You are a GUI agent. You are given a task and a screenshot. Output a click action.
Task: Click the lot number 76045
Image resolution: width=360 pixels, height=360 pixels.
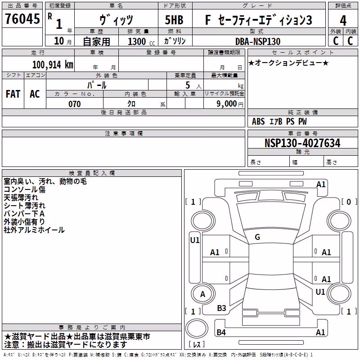[22, 19]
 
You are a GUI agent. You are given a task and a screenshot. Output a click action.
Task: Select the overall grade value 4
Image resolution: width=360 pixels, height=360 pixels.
[343, 20]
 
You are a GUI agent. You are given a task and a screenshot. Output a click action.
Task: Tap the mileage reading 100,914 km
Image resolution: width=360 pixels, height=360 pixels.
[53, 64]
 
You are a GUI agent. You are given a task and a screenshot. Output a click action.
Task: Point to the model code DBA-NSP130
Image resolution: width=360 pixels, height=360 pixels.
[258, 41]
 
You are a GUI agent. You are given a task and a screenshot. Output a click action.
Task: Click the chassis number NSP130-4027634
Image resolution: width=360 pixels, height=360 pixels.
[302, 143]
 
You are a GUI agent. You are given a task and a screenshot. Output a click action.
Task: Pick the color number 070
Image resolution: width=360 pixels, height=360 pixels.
[74, 104]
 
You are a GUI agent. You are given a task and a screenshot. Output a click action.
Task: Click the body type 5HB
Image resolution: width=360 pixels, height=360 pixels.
[174, 20]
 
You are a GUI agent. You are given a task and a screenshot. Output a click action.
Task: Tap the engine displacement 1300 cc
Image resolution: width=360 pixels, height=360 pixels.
[141, 41]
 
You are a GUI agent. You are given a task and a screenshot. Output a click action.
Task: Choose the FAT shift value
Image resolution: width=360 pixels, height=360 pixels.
[13, 94]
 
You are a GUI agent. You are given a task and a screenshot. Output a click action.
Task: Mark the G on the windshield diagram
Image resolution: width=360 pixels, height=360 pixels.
[257, 237]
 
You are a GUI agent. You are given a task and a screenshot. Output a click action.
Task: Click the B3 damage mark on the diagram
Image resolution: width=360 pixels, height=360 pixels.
[221, 308]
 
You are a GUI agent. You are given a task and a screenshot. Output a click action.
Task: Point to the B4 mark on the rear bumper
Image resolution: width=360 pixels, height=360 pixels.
[221, 332]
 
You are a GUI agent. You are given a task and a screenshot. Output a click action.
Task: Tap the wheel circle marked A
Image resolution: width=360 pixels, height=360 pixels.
[203, 294]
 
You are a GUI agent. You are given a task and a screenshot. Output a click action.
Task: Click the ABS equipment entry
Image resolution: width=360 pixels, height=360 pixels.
[258, 121]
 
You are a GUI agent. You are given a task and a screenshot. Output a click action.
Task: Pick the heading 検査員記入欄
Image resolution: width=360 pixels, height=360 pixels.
[92, 173]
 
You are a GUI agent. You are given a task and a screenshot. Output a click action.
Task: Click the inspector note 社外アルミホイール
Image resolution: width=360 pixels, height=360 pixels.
[34, 230]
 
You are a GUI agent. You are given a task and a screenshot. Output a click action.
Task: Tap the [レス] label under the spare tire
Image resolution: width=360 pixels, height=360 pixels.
[196, 344]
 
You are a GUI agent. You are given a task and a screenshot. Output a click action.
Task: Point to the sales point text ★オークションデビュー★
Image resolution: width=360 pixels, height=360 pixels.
[288, 63]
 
